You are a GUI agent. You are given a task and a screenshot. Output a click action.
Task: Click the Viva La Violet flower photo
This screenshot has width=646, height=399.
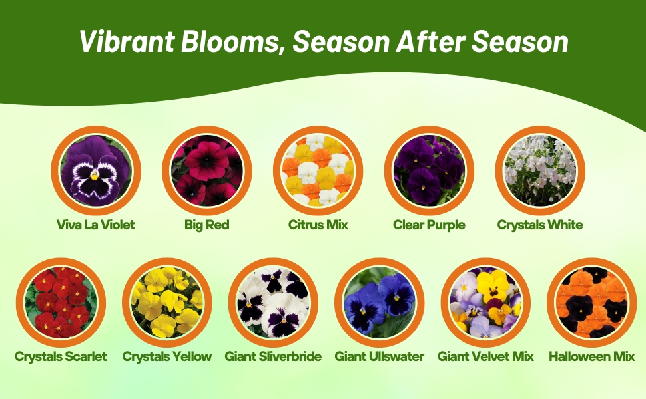[x=96, y=171]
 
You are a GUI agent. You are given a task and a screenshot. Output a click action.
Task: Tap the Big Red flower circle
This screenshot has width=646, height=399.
[x=207, y=171]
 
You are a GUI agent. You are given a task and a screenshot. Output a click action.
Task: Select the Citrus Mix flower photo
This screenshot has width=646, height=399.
[x=318, y=171]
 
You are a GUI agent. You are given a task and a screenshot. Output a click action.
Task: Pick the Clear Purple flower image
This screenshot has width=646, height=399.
[x=430, y=171]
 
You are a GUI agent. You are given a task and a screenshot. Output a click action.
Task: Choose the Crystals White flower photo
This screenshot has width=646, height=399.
[x=540, y=171]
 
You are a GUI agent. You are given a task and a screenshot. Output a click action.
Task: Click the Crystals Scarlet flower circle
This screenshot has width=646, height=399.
[x=61, y=303]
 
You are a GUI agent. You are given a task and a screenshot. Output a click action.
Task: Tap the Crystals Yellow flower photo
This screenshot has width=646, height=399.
[x=167, y=303]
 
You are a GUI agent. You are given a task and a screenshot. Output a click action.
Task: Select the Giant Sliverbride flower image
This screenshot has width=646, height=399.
[x=273, y=303]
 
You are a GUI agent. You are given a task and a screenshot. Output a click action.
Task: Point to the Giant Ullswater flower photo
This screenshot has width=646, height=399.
[x=380, y=303]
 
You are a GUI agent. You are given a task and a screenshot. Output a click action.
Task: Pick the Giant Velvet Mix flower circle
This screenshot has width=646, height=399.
[x=485, y=303]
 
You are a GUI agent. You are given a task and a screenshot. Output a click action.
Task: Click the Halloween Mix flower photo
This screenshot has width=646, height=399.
[x=592, y=303]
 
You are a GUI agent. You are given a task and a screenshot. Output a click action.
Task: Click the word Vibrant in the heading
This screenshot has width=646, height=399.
[x=127, y=41]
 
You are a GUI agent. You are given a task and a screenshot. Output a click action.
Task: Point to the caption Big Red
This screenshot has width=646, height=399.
[x=207, y=225]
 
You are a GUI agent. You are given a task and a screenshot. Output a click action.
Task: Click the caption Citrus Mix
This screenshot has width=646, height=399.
[x=318, y=225]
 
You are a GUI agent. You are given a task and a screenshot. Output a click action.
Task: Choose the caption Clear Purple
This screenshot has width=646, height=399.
[x=430, y=225]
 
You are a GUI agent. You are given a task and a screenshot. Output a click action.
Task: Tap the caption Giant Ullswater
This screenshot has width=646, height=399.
[x=380, y=356]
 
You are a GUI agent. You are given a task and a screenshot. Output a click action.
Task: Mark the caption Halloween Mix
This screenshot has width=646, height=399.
[x=592, y=356]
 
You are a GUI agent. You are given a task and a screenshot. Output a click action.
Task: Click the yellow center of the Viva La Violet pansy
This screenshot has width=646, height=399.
[x=95, y=176]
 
